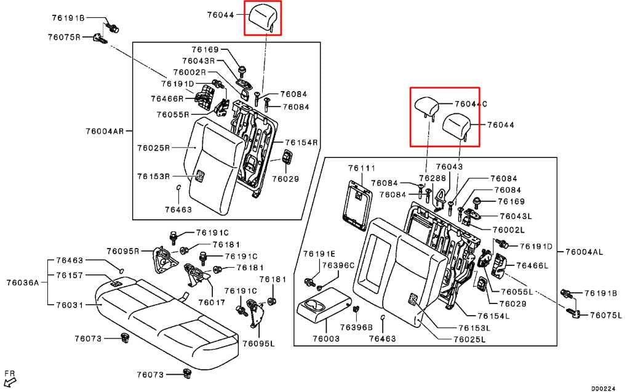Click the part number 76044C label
click(x=471, y=104)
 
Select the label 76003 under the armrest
click(x=326, y=338)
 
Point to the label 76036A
click(x=23, y=282)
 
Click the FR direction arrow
click(x=9, y=378)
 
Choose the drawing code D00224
click(x=603, y=388)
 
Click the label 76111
click(x=362, y=168)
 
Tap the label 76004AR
click(x=105, y=131)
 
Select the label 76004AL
click(x=584, y=252)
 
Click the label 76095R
click(x=122, y=251)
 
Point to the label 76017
click(x=212, y=302)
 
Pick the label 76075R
click(x=64, y=37)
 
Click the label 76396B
click(x=356, y=327)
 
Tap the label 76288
click(x=433, y=178)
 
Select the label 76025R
click(x=153, y=148)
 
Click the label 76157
click(x=70, y=276)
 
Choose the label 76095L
click(x=259, y=343)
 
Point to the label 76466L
click(x=532, y=265)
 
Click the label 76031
click(x=70, y=305)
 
